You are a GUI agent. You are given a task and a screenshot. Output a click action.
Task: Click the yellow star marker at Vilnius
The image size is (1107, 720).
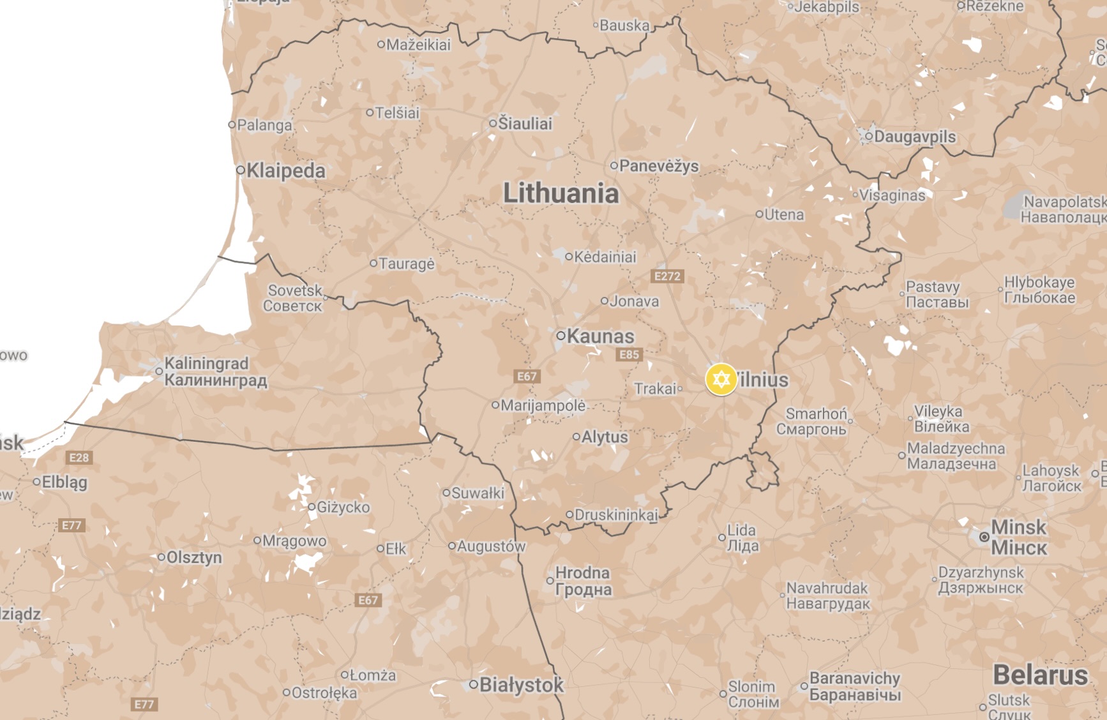coord(721,380)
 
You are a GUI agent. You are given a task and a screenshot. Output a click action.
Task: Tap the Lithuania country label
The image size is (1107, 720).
coord(561,193)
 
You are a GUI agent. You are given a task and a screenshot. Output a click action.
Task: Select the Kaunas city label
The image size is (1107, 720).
coord(600,336)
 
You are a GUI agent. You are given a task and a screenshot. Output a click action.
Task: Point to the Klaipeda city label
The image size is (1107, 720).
coord(285,170)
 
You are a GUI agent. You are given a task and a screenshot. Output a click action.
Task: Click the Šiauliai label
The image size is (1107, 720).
coord(525,123)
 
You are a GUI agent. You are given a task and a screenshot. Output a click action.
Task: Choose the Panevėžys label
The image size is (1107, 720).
coord(659,166)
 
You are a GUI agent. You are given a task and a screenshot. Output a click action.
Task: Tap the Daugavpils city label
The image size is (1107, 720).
coord(914,137)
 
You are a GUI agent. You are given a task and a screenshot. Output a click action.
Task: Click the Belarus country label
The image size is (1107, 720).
coord(1040,675)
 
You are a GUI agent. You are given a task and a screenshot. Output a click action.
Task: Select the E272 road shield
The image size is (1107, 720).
coord(667,276)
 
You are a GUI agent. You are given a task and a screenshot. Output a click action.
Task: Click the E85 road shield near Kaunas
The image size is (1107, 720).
coord(629,355)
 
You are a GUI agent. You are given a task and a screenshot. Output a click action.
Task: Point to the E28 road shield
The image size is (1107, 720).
coord(79,457)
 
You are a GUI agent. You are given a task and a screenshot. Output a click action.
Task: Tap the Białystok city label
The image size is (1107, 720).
coord(521,685)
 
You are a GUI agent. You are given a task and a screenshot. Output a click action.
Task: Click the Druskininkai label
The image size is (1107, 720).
coord(615,514)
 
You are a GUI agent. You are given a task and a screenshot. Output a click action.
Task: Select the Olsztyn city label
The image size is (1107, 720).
coord(194,557)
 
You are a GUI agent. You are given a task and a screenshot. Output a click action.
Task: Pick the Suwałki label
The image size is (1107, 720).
coord(478,493)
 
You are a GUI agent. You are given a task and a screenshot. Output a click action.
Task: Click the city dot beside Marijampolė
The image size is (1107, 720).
coord(495,405)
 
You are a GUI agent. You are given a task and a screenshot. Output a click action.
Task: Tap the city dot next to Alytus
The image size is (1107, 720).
coord(576,437)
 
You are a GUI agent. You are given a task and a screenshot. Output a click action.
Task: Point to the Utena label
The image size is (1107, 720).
coord(784,214)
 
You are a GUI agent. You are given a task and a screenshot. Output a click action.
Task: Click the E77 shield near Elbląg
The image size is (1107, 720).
coord(71,525)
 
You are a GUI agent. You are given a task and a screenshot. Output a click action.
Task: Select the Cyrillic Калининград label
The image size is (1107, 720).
coord(216,380)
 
